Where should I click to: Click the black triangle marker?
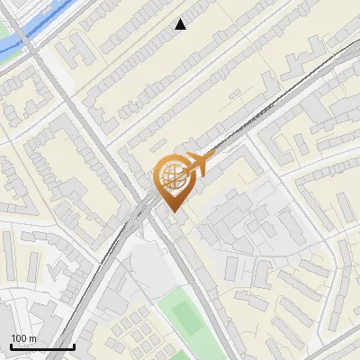pos(181,24)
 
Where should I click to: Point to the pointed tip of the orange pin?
pos(172,211)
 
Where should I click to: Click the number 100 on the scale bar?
pos(20,338)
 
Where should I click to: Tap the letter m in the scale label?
pos(32,338)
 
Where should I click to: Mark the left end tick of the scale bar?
pos(10,346)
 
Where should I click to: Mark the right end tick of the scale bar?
pos(74,346)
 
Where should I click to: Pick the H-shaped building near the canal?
pos(79,54)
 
